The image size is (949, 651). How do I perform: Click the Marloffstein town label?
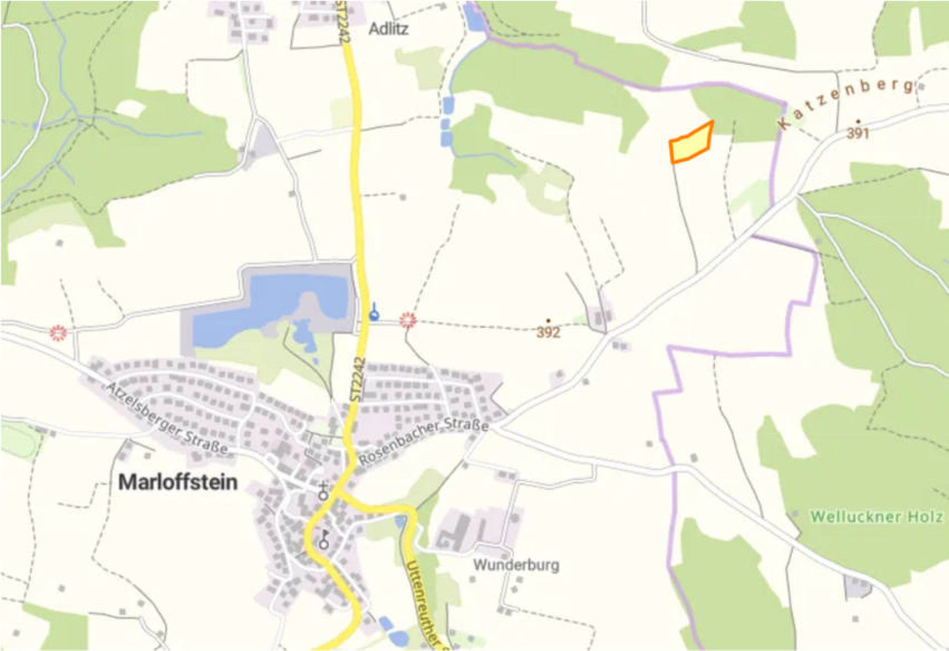pos(178,482)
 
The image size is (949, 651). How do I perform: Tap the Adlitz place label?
pos(388,29)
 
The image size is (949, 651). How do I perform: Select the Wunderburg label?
pos(516,565)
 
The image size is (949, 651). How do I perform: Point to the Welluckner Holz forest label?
pos(876,516)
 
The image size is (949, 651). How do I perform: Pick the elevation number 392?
pos(548,332)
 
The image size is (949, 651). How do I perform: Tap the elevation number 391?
pos(858,133)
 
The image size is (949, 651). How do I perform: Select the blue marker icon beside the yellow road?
pos(374,313)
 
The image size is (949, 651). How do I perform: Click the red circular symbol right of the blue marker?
pos(408,320)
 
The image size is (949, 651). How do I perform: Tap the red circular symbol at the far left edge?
pos(59,333)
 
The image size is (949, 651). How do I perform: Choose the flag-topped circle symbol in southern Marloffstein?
pos(325,540)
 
